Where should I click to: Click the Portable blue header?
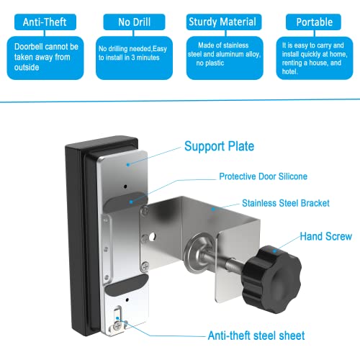click(314, 22)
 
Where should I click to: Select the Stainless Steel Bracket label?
click(286, 204)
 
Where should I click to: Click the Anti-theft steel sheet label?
click(246, 336)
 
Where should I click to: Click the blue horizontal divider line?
click(180, 103)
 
